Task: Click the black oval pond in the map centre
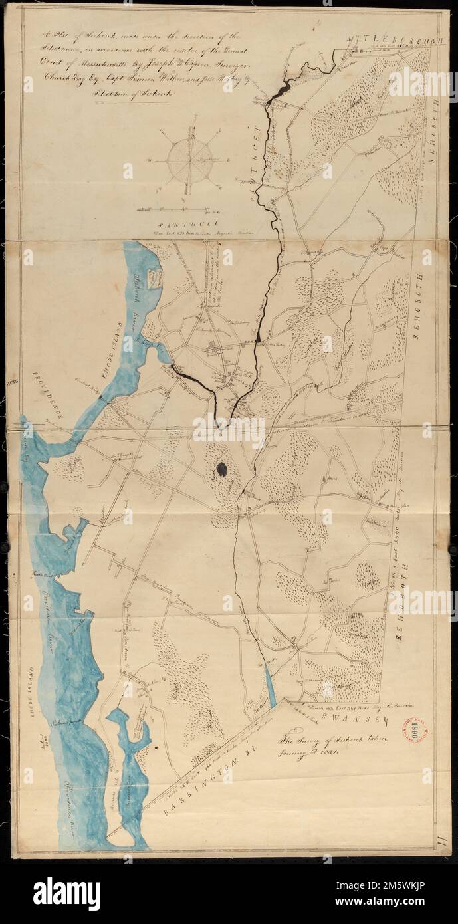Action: [x=222, y=468]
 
